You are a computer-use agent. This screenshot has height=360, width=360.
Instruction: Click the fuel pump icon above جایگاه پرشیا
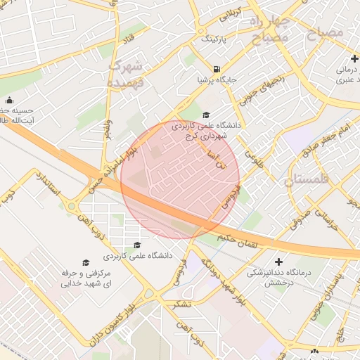click(x=217, y=70)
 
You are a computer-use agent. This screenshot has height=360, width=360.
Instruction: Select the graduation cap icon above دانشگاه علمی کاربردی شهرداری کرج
click(x=206, y=115)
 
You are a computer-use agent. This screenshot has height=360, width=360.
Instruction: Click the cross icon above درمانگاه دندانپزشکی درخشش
click(x=278, y=261)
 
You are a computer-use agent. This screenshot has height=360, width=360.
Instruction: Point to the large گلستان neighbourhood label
click(x=307, y=180)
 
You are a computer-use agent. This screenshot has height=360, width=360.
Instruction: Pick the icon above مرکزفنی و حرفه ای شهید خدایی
click(x=86, y=262)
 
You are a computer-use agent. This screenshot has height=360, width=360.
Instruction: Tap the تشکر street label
click(x=181, y=304)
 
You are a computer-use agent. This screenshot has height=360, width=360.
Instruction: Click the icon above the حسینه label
click(x=8, y=100)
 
